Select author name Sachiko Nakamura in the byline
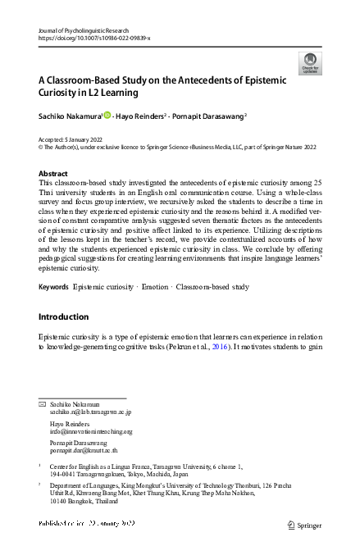tap(71, 117)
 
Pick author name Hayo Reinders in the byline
tap(141, 117)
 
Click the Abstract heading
tap(53, 174)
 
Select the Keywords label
tap(53, 287)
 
